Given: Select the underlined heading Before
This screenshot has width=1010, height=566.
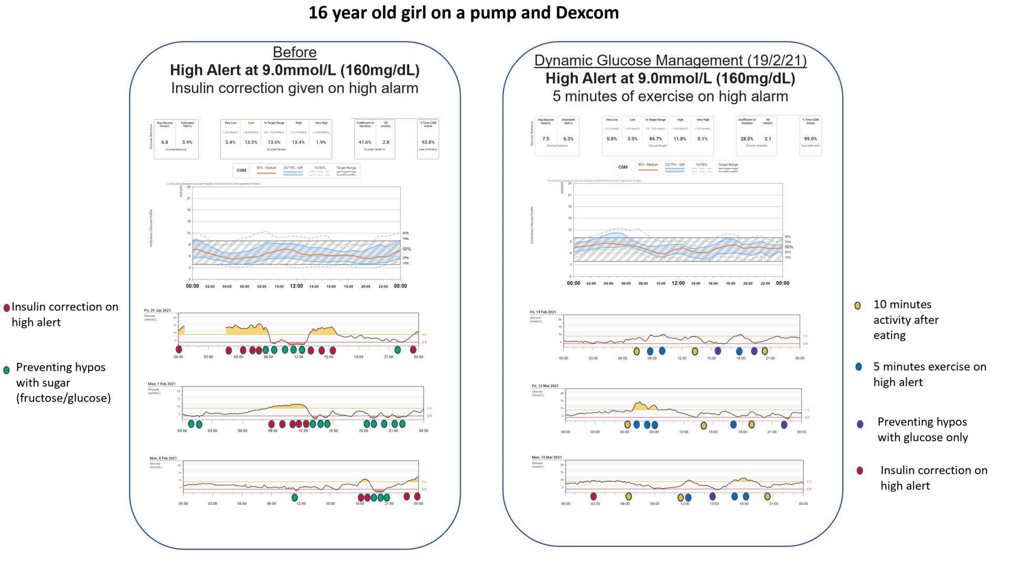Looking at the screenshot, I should [x=295, y=52].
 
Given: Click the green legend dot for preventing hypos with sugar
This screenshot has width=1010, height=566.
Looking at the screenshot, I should [x=6, y=370].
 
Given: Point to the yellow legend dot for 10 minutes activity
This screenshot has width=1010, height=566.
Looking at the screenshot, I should [x=857, y=305].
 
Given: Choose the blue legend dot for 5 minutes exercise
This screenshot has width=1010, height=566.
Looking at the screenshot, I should [x=858, y=367].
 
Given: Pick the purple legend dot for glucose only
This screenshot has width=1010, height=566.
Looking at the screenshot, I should [x=860, y=424].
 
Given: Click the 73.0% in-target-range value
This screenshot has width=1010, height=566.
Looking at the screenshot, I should [x=274, y=142].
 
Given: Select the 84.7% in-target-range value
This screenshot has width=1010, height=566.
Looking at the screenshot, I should [x=655, y=139].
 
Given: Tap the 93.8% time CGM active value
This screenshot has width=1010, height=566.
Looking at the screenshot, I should [x=428, y=142].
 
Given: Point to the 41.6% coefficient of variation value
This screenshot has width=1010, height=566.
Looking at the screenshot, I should [x=365, y=142].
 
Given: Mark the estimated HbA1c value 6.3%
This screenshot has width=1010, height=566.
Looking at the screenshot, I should [x=569, y=139].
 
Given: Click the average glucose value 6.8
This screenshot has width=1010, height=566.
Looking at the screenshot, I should [x=165, y=142].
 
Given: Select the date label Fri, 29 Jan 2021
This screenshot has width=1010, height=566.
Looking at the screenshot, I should [x=157, y=310].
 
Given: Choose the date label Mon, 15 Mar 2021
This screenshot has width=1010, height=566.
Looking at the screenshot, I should [x=547, y=457].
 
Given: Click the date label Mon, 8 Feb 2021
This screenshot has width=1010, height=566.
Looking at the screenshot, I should [x=163, y=458].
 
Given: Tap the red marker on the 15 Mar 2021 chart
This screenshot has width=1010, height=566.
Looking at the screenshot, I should [x=593, y=496].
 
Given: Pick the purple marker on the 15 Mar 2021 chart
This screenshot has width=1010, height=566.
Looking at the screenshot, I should [x=713, y=496].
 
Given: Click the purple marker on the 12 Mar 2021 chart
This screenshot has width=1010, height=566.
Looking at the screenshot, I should [x=784, y=424].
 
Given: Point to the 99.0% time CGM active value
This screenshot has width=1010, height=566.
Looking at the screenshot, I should [x=810, y=139].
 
